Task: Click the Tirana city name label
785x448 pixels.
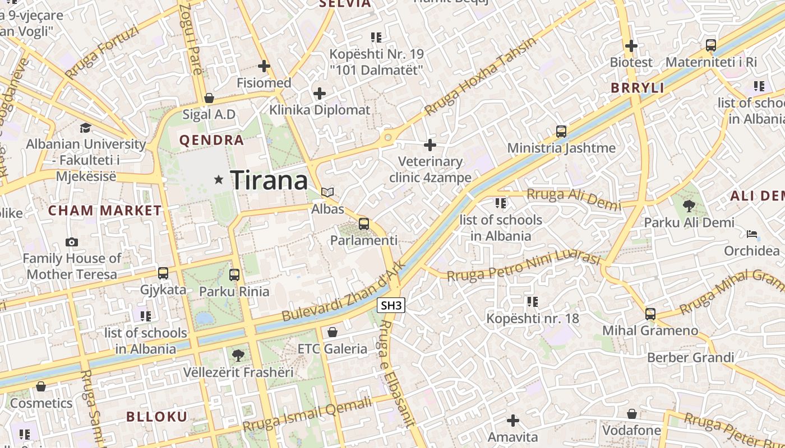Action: [x=269, y=180]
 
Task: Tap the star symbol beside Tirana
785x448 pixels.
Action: [x=219, y=180]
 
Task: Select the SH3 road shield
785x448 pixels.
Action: [x=391, y=306]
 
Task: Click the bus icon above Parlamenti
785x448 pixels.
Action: [x=364, y=224]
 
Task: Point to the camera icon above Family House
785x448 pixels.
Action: [x=72, y=242]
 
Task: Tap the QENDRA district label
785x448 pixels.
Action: [x=211, y=140]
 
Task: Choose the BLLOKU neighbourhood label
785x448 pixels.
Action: [x=156, y=417]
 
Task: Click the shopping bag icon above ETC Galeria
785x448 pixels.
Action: [x=333, y=332]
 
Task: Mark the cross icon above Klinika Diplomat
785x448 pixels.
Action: [x=320, y=93]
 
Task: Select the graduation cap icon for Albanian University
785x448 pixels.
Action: [x=85, y=128]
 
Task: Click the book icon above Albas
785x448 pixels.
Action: [x=327, y=193]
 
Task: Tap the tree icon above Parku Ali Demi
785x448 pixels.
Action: [x=689, y=206]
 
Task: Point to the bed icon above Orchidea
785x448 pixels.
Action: [x=751, y=234]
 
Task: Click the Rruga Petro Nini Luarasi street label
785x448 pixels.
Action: [x=524, y=266]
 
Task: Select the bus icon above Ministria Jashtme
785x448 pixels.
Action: [x=561, y=132]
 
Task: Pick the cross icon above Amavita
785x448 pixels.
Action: [x=512, y=421]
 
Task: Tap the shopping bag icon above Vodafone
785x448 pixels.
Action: [x=632, y=414]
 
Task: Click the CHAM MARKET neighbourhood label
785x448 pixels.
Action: [x=105, y=211]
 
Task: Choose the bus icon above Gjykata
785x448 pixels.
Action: [x=163, y=273]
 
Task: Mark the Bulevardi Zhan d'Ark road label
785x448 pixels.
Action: [x=343, y=291]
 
